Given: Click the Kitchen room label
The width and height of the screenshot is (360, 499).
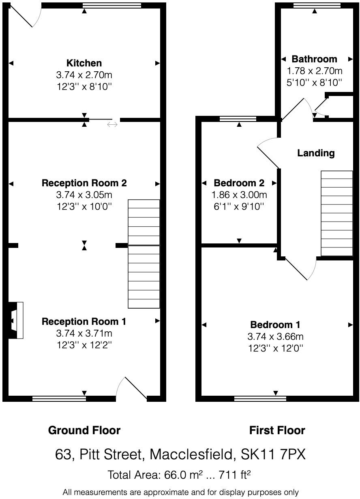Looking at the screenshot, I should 84,63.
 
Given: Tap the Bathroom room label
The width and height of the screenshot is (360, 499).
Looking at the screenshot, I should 314,59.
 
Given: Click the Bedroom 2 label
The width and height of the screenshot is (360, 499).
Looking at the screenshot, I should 239,183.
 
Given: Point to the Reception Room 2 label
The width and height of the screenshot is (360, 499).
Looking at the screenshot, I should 84,183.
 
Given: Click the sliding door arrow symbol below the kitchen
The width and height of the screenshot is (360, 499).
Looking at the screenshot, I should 112,124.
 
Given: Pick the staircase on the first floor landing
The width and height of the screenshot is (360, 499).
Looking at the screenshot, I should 336,213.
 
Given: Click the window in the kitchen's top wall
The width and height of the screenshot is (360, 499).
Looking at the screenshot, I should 112,6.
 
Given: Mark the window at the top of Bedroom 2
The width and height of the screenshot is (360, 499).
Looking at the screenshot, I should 238,119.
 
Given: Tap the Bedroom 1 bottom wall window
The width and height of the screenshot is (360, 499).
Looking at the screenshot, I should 260,399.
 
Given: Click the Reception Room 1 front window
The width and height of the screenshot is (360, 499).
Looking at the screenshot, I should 59,399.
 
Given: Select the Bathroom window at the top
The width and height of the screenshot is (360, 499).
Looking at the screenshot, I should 315,6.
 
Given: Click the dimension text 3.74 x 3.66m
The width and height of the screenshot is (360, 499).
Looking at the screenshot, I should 275,337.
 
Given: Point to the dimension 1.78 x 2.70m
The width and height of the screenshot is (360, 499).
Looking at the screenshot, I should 314,71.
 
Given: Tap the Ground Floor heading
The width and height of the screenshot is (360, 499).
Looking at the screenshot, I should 84,430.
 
